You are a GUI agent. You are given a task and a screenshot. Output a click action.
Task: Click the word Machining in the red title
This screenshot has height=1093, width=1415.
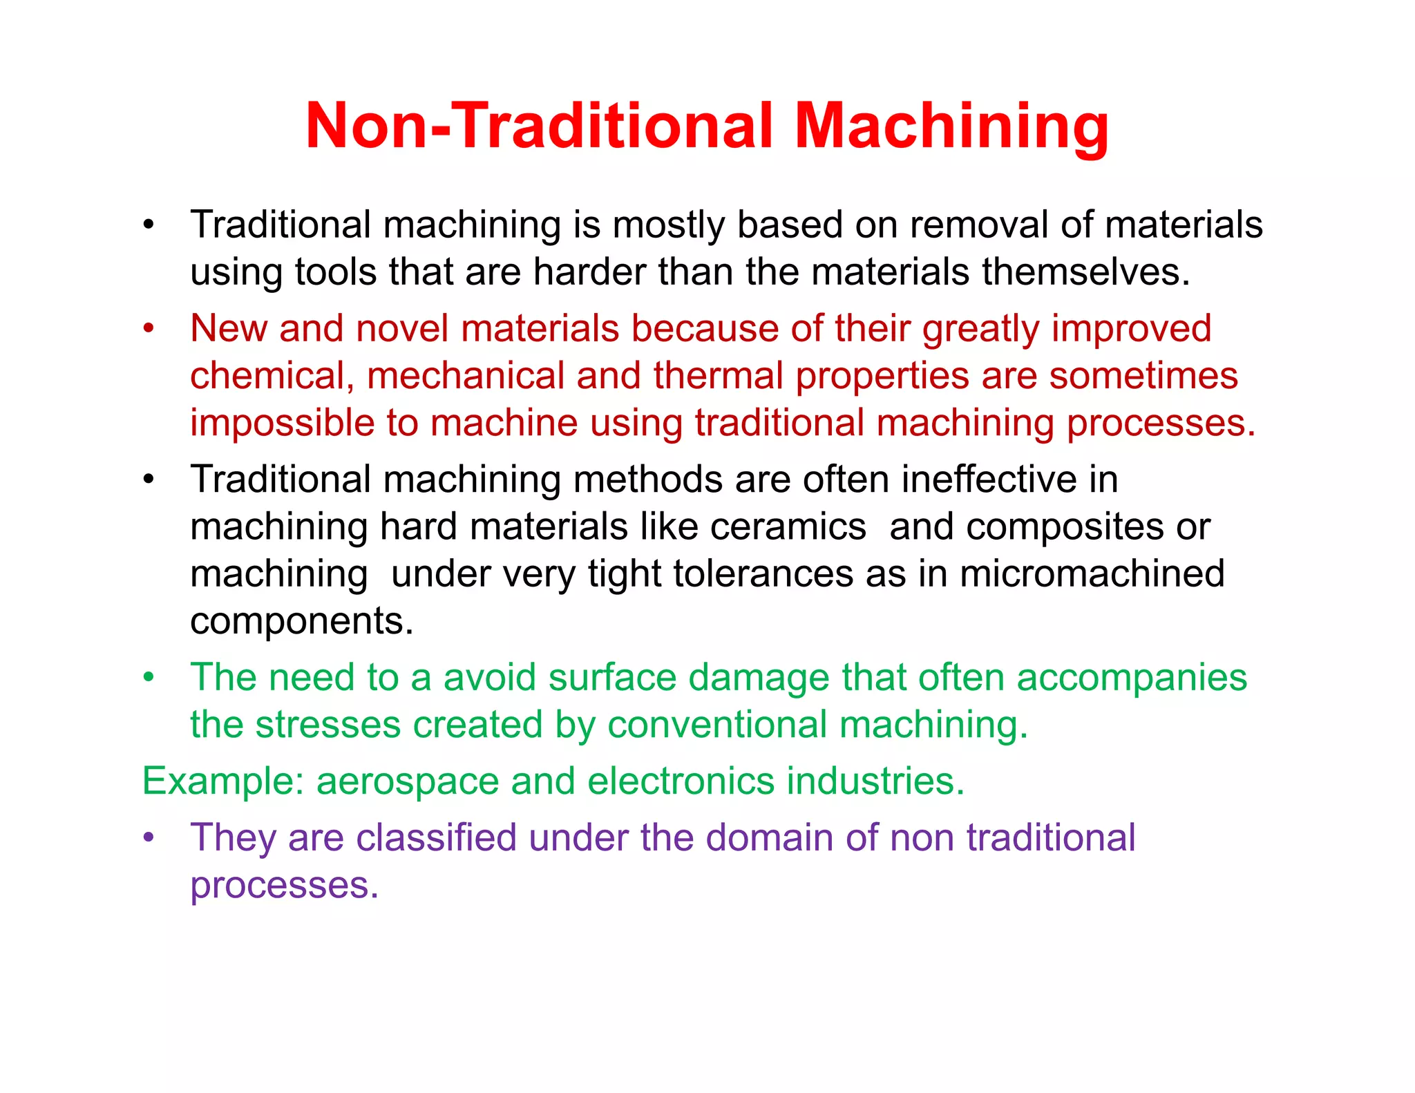point(951,126)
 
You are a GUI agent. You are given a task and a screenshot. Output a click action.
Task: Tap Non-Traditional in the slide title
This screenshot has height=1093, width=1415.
point(540,126)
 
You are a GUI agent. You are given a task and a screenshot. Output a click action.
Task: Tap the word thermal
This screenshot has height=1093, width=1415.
point(719,376)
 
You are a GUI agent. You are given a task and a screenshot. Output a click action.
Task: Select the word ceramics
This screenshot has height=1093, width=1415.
point(788,526)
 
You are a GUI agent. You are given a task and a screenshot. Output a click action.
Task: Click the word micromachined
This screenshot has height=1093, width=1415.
point(1092,573)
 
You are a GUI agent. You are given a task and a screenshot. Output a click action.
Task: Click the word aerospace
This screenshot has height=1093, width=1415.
point(408,781)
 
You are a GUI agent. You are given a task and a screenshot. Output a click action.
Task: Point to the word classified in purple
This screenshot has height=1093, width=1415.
point(436,838)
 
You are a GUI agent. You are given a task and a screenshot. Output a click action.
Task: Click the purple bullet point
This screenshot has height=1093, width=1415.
point(148,838)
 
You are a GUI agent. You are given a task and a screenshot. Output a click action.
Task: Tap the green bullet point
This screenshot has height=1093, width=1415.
point(148,677)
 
